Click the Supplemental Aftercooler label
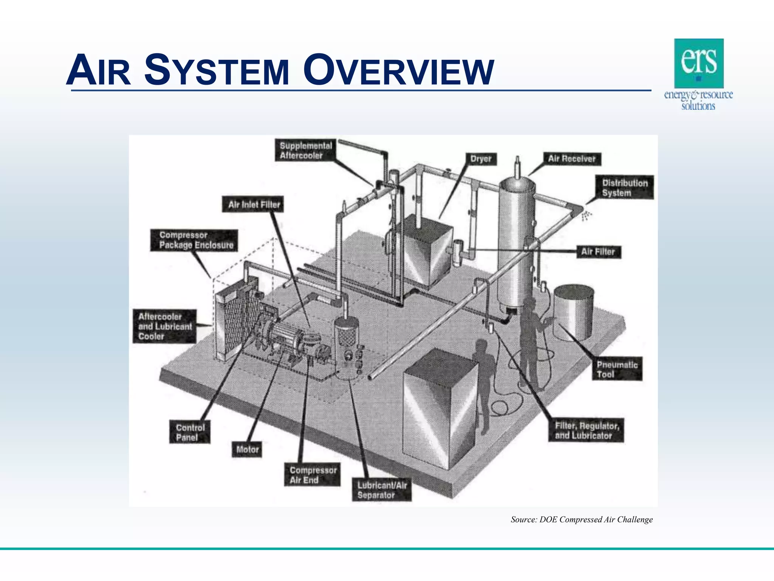click(305, 151)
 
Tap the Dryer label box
click(481, 159)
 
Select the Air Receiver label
click(571, 159)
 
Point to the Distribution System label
click(624, 188)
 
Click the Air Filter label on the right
click(598, 252)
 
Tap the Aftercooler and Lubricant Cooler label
click(165, 326)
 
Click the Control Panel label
click(190, 432)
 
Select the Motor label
click(247, 450)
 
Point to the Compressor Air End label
click(313, 475)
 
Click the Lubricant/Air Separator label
click(382, 490)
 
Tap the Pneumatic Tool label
click(617, 369)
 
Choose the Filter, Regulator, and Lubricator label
click(586, 430)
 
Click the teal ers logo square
click(699, 63)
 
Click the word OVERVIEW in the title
click(399, 71)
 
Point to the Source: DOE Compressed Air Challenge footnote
click(581, 520)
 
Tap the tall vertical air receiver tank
click(516, 242)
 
